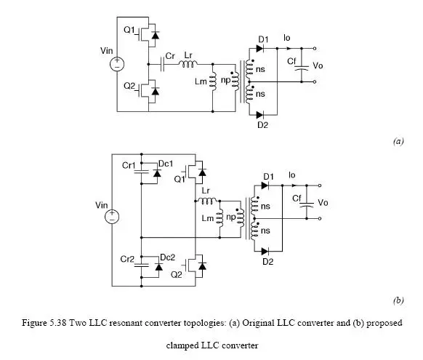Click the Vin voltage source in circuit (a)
click(117, 64)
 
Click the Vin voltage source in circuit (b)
click(112, 217)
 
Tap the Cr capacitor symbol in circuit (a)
click(162, 64)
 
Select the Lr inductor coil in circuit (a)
click(188, 64)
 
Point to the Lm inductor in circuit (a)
click(213, 81)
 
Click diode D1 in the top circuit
click(259, 49)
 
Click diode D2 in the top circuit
click(259, 115)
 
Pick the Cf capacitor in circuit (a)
click(302, 68)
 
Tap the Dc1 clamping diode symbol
click(157, 173)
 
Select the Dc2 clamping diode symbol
click(159, 267)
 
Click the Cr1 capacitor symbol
click(141, 172)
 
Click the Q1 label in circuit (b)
click(180, 179)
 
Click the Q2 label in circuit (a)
click(129, 86)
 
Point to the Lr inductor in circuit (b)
click(207, 201)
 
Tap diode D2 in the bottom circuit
click(265, 252)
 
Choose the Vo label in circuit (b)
click(323, 202)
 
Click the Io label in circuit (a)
click(287, 38)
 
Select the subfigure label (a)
click(398, 141)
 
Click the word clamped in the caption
click(182, 345)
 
